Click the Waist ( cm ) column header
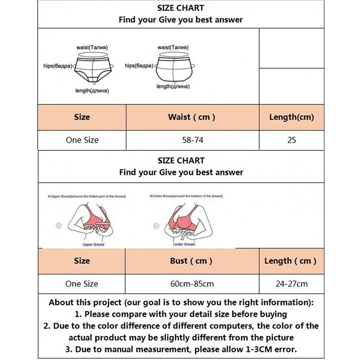(x=192, y=117)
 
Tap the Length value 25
(x=292, y=140)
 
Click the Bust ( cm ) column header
(x=192, y=261)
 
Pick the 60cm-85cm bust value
(x=192, y=284)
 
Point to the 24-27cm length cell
(x=292, y=284)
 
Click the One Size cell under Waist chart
(x=82, y=140)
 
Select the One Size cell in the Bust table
(x=81, y=284)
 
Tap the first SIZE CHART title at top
(x=180, y=8)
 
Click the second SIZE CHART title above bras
(x=181, y=161)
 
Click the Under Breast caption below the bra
(x=184, y=244)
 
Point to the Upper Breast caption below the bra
(x=94, y=244)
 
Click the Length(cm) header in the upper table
(x=292, y=117)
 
